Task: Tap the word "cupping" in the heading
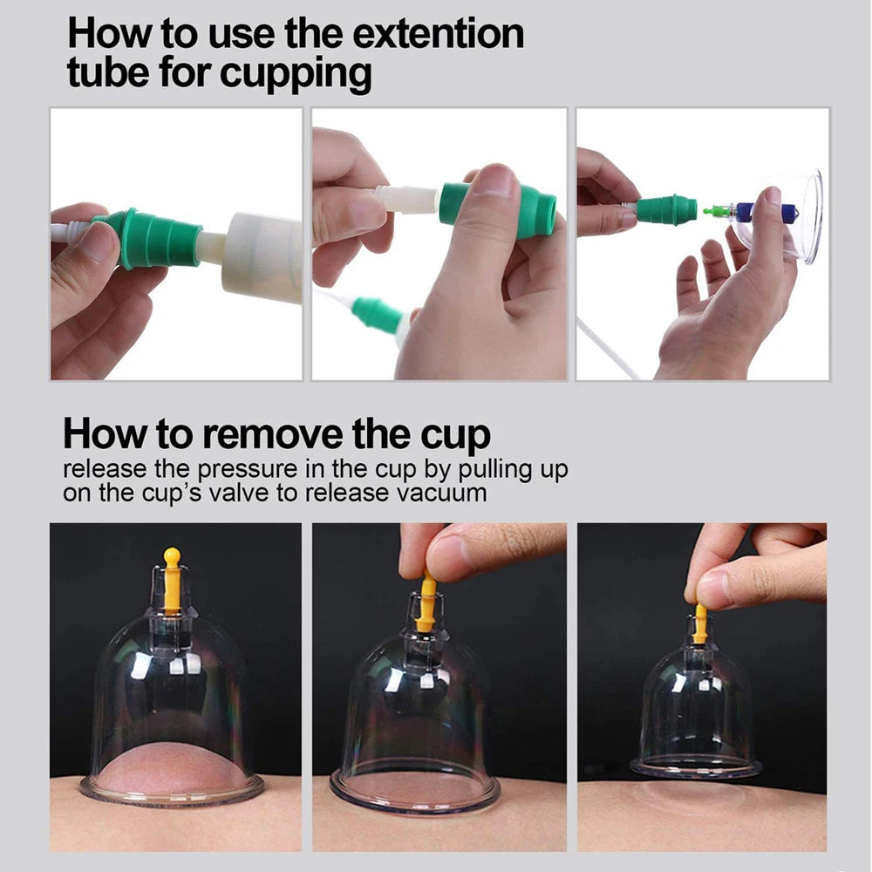point(296,74)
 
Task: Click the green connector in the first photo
point(149,238)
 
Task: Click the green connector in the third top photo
point(666,210)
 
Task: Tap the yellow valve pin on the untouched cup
point(172,579)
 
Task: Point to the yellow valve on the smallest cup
point(700,623)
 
